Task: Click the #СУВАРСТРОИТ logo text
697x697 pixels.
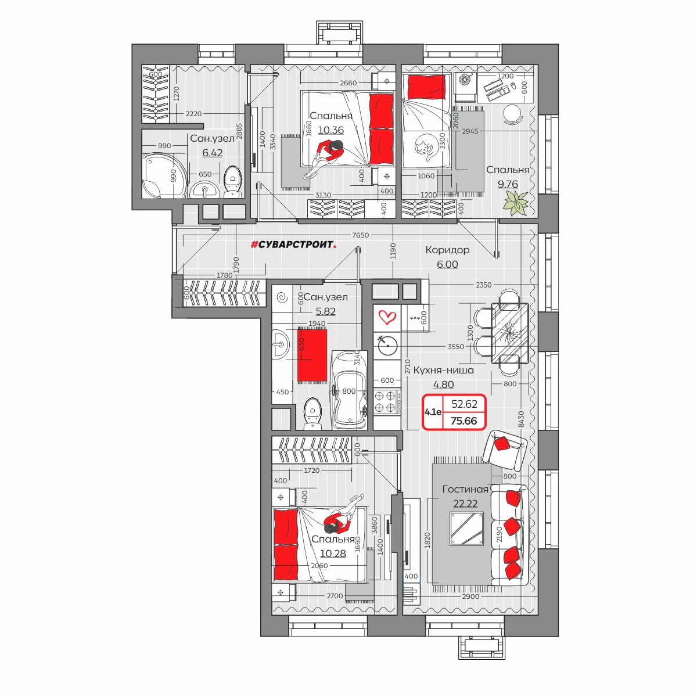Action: coord(293,245)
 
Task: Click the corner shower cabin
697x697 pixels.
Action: coord(164,175)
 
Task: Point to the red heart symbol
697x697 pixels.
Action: coord(387,318)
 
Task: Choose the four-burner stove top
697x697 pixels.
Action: coord(387,402)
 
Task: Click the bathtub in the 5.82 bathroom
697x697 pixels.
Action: coord(349,390)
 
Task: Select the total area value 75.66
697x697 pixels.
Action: coord(464,421)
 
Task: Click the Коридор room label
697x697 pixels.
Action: coord(447,250)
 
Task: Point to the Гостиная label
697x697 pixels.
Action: coord(465,489)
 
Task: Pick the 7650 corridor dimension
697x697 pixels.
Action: coord(360,235)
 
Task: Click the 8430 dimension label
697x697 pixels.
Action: coord(521,419)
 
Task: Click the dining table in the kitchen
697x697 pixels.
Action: coord(509,333)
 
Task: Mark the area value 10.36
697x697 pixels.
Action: coord(330,130)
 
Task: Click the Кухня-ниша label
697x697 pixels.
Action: coord(443,371)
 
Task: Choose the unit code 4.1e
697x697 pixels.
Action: coord(433,412)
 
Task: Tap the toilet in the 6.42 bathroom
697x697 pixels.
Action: coord(232,182)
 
